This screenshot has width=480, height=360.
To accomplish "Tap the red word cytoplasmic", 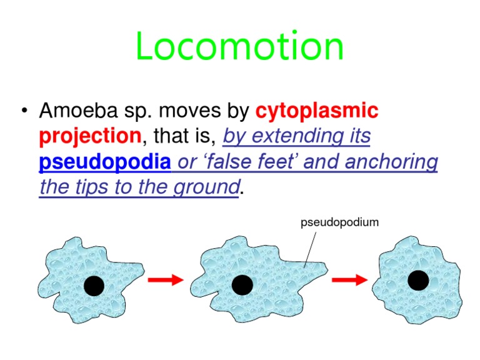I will point(317,111).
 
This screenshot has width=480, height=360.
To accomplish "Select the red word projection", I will point(89,136).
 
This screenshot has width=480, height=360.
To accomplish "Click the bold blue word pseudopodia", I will point(105,162).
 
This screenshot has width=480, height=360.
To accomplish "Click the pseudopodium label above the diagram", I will point(340,222).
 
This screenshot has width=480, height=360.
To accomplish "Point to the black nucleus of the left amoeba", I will point(94,286).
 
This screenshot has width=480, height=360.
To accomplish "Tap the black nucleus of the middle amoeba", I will point(242,285).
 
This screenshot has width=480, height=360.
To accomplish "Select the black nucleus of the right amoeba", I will point(418,281).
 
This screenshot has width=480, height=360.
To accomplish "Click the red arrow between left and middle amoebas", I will point(166,281).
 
